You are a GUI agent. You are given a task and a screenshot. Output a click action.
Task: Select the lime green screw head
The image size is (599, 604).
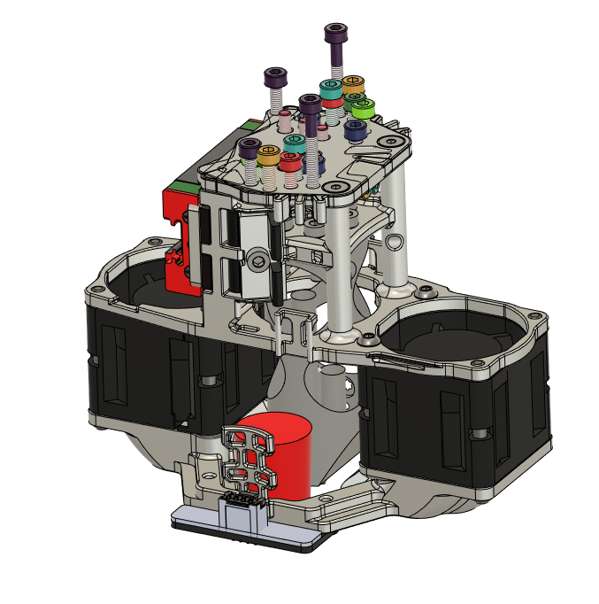(x=362, y=108)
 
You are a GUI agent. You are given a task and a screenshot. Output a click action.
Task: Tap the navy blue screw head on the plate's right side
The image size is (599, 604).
(x=355, y=129)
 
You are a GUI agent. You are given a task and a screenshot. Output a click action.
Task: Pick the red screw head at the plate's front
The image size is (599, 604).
(x=289, y=160)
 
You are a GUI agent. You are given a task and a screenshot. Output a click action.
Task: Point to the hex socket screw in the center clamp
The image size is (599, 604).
(x=257, y=258)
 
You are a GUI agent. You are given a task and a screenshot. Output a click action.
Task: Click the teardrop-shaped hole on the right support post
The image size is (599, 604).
(x=396, y=242)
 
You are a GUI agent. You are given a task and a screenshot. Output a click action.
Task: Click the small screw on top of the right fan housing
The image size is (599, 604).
(x=427, y=290)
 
